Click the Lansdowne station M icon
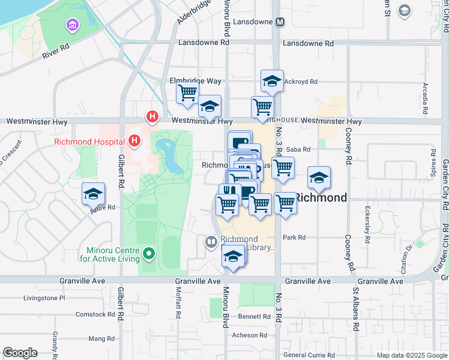point(280,22)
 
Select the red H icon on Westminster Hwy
point(153,116)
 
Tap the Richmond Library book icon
point(211,242)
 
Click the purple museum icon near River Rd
point(73,25)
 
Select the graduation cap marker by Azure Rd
point(93,194)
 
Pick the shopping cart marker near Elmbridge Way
point(187,93)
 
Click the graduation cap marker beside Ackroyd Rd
point(272,81)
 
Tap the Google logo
point(20,353)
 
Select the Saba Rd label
point(297,149)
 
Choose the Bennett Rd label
point(250,316)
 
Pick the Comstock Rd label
point(95,314)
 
